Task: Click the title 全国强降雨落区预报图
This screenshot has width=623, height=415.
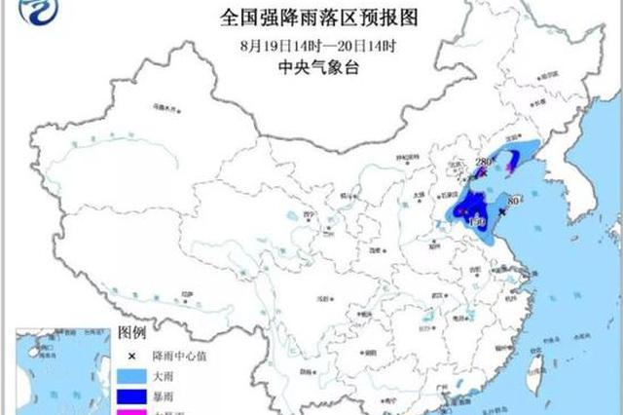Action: [x=311, y=17]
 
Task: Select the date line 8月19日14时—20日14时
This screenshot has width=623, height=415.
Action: [x=311, y=45]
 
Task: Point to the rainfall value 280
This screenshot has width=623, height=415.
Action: [x=485, y=161]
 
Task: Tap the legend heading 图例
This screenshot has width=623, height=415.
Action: [x=132, y=333]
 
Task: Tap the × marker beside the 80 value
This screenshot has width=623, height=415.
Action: [x=501, y=210]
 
